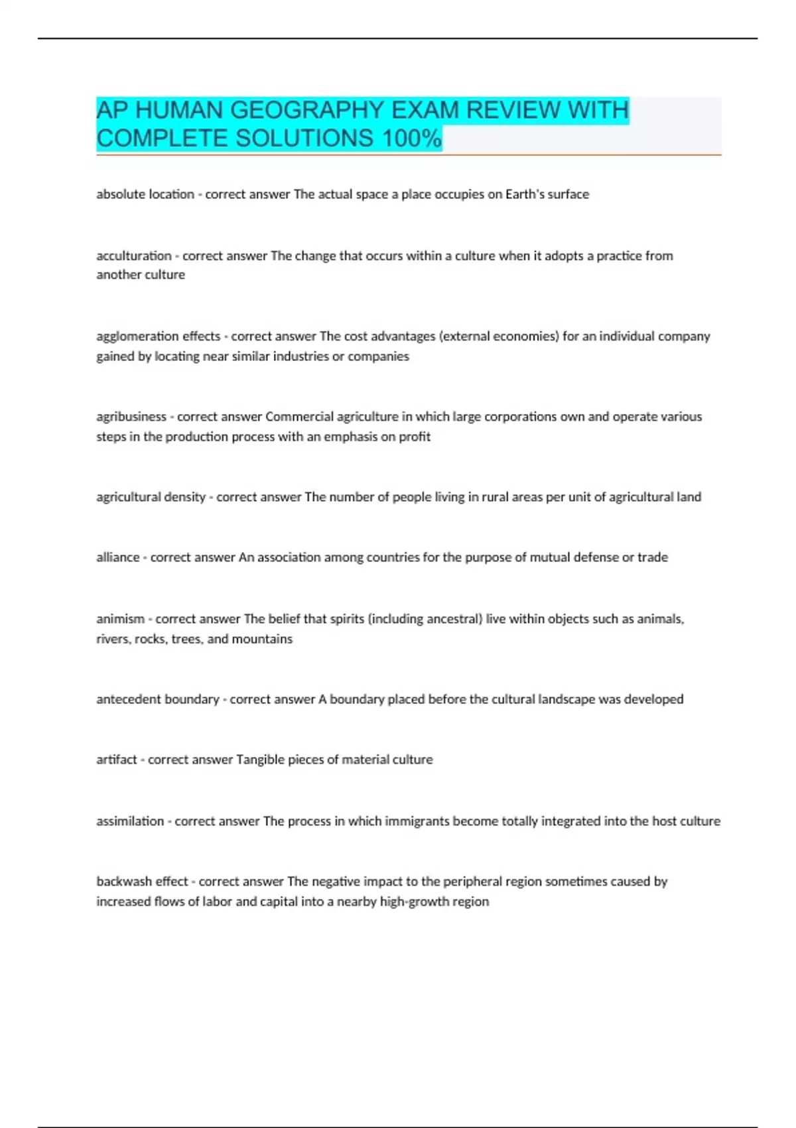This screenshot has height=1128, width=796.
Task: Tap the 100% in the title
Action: (411, 139)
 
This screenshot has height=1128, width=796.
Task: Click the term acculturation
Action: (134, 256)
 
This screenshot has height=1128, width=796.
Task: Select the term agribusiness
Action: (131, 417)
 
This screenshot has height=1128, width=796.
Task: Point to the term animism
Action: (120, 619)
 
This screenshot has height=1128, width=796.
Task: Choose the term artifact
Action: (117, 760)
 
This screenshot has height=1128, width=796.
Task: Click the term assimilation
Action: (130, 821)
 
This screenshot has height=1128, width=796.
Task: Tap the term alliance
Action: (118, 557)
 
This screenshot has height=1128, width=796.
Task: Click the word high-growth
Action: (416, 902)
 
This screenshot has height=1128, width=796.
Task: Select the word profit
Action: (415, 437)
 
